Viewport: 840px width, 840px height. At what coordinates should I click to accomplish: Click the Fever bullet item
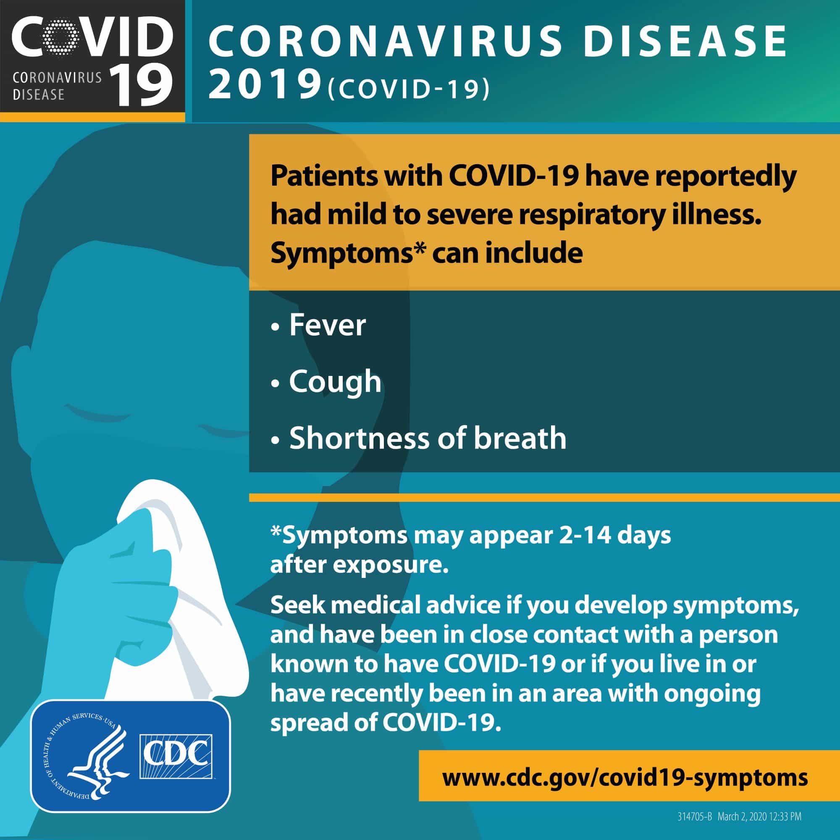point(318,325)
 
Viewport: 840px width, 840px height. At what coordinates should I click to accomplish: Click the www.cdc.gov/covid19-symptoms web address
point(625,777)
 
